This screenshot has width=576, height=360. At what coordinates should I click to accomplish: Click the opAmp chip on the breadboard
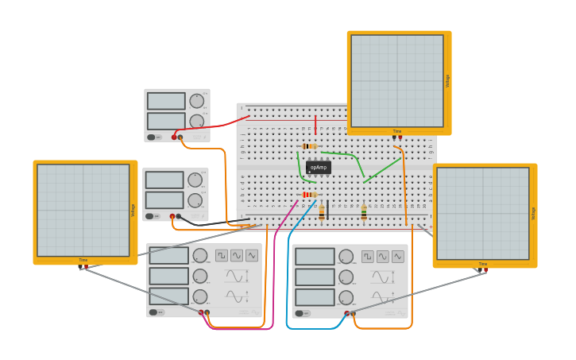tap(318, 168)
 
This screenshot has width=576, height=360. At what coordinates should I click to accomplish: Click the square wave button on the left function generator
tap(222, 255)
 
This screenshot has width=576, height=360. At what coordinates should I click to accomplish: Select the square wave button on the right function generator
tap(368, 257)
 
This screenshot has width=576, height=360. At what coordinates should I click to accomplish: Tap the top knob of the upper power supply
tap(196, 101)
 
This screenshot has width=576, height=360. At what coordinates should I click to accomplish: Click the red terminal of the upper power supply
tap(174, 137)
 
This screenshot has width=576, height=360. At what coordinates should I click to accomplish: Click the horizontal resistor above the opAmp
tap(310, 146)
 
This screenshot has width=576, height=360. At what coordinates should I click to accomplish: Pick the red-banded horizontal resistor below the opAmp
tap(309, 195)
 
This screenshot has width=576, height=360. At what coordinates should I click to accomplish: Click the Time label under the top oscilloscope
tap(396, 131)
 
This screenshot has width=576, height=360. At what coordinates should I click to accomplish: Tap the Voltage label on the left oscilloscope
tap(133, 210)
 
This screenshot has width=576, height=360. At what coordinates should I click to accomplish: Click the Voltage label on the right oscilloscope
tap(533, 213)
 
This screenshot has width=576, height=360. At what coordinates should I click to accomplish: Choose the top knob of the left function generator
tap(200, 255)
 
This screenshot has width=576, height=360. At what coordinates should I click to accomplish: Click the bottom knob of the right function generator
tap(346, 297)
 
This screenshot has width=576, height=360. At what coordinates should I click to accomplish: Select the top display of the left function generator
tap(168, 256)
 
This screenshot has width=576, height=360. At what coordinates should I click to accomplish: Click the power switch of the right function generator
tap(302, 313)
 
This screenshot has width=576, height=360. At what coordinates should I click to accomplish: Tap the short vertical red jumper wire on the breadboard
tap(315, 125)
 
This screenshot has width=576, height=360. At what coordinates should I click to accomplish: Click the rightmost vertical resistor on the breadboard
tap(364, 212)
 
